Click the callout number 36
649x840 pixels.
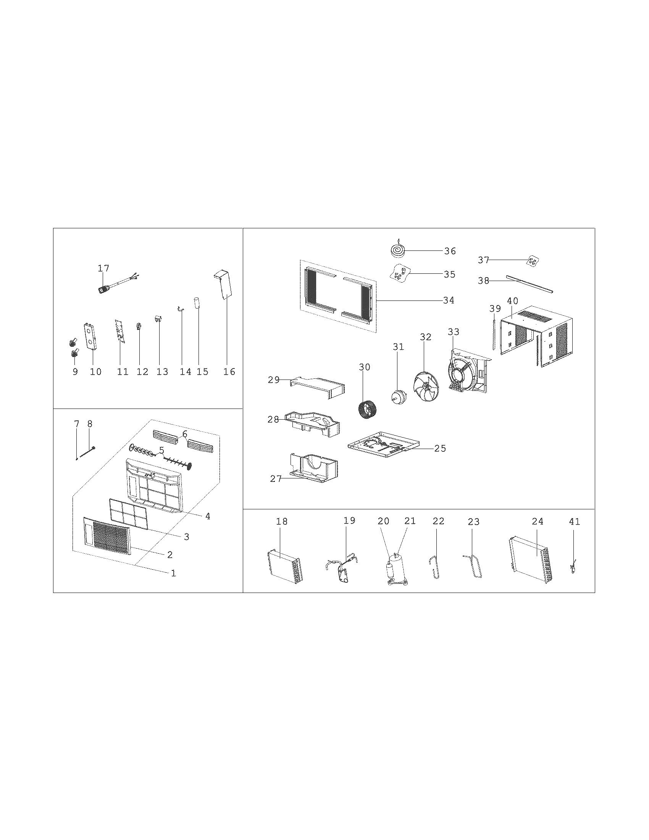point(450,251)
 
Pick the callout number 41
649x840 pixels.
point(574,522)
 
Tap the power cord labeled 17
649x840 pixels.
point(111,287)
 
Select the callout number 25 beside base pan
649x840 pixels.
point(440,449)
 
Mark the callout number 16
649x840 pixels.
point(229,372)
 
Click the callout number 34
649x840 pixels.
point(448,300)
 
